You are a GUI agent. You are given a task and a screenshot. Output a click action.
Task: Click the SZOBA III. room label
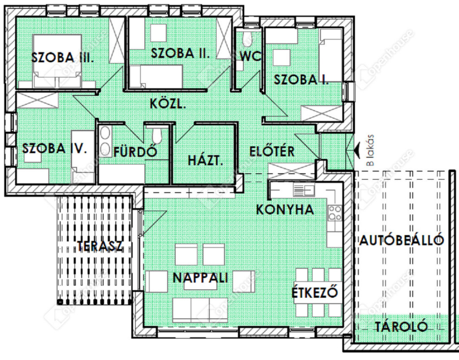coord(63,58)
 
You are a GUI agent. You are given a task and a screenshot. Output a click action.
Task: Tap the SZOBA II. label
coord(180,53)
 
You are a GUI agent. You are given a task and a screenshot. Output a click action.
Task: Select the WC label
coord(250,56)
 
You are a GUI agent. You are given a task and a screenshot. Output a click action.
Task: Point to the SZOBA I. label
coord(301,80)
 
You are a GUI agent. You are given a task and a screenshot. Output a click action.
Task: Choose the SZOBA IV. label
coord(55,148)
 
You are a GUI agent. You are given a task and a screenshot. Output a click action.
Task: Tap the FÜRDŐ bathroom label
coord(135,151)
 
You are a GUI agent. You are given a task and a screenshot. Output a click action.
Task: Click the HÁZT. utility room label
coord(205,160)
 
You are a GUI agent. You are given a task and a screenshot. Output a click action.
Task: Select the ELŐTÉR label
coord(272,151)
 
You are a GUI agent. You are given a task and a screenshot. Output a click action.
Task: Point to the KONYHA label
coord(285,210)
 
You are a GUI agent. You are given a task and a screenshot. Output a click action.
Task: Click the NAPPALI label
coord(200,278)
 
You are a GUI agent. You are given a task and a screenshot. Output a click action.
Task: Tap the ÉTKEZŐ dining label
coord(315,291)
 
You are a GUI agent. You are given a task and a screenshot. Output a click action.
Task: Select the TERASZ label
coord(100,246)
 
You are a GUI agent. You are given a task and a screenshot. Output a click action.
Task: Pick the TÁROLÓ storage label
coord(401,326)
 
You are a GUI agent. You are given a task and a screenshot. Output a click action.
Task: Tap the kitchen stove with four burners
coord(335,213)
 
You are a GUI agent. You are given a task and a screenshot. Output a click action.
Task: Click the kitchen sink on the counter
coord(304,190)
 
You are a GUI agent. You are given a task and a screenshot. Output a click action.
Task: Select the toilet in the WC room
coord(247,39)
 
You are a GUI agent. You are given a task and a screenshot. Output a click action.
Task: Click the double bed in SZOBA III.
coord(57,61)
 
